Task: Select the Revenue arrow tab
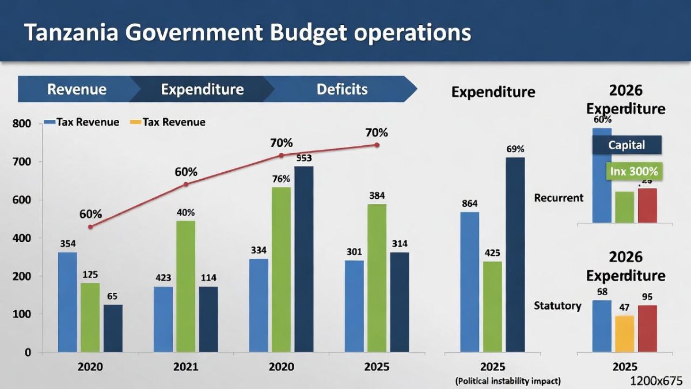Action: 77,89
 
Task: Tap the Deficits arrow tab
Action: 341,89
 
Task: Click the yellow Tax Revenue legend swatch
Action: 135,122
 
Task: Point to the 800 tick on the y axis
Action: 21,123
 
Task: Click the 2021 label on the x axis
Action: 185,367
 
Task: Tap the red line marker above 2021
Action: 185,184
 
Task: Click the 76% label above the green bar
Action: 281,179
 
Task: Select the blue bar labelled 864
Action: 470,282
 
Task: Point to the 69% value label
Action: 515,149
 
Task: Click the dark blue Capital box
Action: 627,145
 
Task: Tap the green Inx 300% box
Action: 633,171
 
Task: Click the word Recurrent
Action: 559,198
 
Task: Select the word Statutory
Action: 557,305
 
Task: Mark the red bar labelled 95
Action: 647,328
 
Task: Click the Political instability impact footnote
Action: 507,381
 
